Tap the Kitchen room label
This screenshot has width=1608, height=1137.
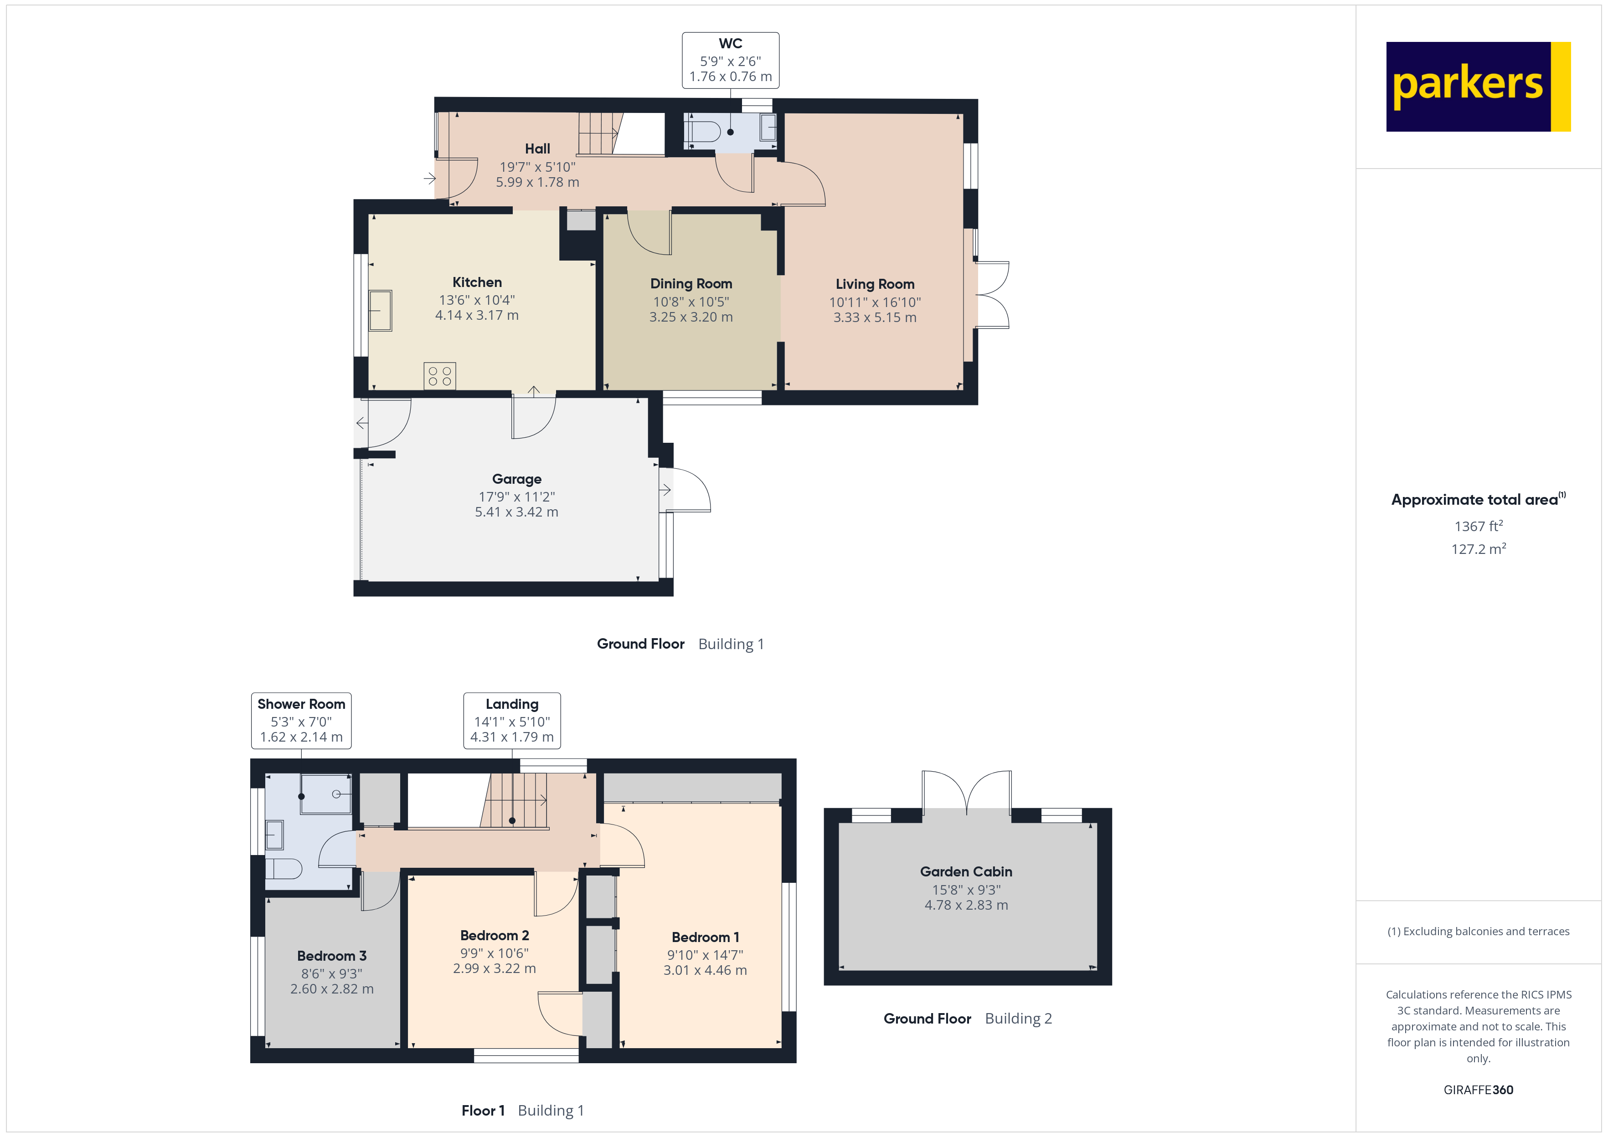coord(477,282)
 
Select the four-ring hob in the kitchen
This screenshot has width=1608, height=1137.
coord(440,376)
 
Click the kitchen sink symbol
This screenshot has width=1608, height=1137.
coord(380,310)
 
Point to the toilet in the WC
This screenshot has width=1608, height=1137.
coord(702,132)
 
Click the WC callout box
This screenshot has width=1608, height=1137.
coord(731,60)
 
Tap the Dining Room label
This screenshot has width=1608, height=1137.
coord(691,283)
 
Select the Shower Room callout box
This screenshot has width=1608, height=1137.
coord(301,721)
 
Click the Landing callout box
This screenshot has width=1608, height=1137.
coord(512,721)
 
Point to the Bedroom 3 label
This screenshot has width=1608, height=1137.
coord(331,956)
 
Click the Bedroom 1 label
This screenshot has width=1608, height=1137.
coord(705,937)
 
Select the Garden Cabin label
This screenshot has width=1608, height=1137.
coord(966,871)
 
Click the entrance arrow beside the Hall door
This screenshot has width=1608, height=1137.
coord(429,179)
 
